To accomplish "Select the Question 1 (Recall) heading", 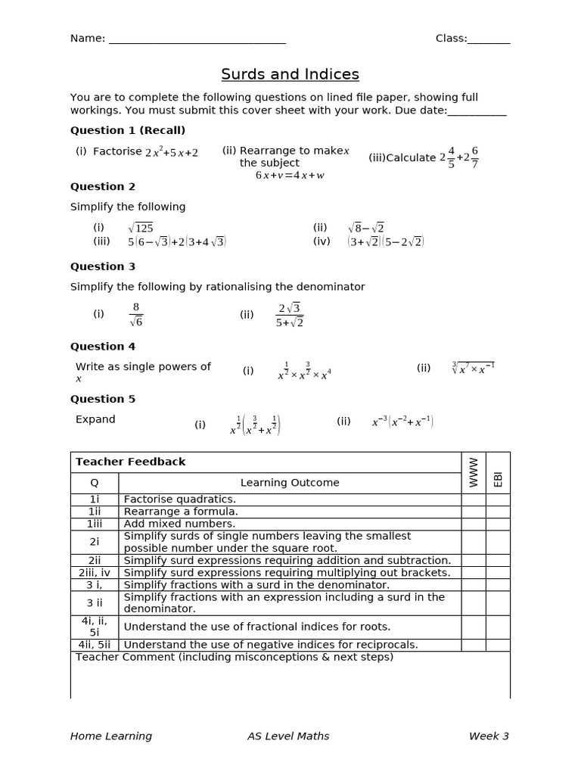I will pos(128,130).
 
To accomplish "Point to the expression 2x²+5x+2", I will pos(171,152).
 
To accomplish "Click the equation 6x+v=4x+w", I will pos(290,175).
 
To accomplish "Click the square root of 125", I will pos(141,228).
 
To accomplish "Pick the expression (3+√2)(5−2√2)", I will pos(386,242).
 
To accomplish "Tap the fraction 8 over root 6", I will pos(135,314).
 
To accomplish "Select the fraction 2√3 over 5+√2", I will pos(290,315).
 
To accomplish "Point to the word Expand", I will pos(95,419).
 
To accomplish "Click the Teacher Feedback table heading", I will pos(130,462).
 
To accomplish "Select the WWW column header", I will pos(474,472).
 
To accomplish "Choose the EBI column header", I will pos(498,478).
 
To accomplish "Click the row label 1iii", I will pos(95,524).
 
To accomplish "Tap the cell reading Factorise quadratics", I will pos(180,500).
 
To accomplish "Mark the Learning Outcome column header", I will pos(290,483).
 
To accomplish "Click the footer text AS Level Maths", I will pos(288,736).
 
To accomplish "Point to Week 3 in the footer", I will pos(489,736).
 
